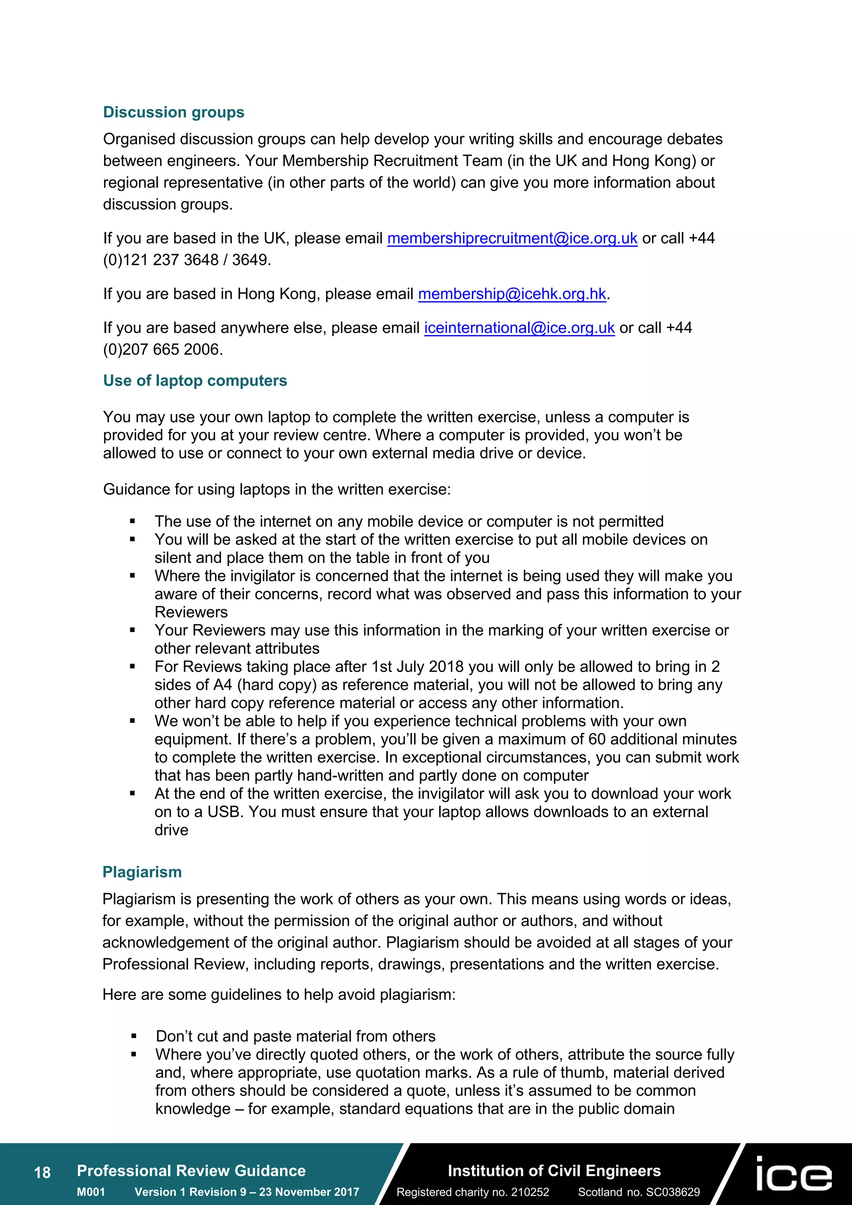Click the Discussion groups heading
173,112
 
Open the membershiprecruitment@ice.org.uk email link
512,238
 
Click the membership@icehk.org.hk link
512,294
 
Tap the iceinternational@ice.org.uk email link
519,328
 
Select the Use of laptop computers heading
195,380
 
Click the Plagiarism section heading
142,872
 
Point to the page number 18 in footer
42,1173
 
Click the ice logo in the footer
794,1174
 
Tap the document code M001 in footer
91,1192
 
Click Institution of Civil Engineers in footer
554,1171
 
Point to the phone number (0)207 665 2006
163,350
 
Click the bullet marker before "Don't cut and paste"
134,1036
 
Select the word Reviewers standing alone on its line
191,612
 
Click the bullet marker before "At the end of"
133,794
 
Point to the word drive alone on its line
171,830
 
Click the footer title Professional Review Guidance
191,1171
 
